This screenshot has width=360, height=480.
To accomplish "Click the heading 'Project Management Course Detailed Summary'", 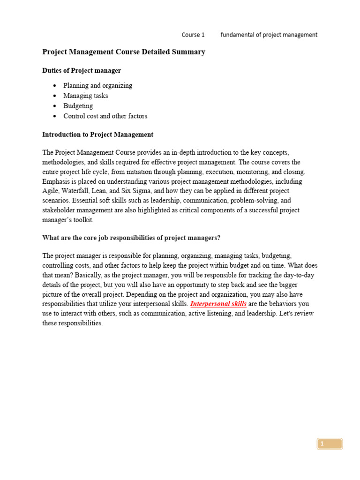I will click(124, 52).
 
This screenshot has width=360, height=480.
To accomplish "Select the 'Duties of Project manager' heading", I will click(82, 71).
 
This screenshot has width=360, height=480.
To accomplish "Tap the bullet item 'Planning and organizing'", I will click(97, 86).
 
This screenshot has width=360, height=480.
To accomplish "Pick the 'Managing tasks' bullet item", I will click(85, 96).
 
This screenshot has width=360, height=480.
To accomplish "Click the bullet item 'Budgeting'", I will click(78, 106).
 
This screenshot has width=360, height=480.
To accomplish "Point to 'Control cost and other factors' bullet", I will click(105, 116).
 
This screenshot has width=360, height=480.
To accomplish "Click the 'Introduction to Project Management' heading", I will click(97, 135).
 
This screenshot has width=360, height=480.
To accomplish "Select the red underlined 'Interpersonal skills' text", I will click(218, 304).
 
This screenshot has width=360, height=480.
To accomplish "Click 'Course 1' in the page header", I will click(193, 35).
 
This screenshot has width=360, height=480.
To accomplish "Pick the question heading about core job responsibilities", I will click(131, 238).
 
